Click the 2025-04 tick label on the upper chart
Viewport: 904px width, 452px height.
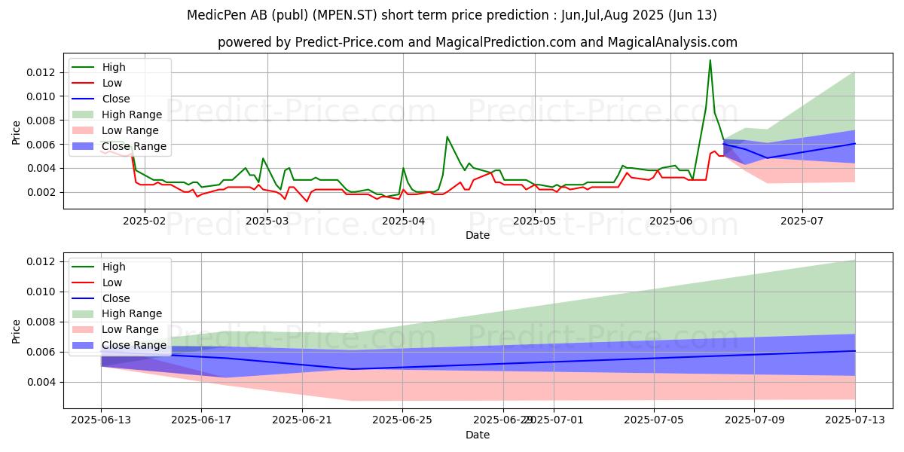402,221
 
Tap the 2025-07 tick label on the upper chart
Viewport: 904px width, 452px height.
802,221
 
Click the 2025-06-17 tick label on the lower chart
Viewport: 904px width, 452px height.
201,420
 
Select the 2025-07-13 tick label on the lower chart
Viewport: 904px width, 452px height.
855,420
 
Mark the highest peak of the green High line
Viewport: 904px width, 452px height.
710,60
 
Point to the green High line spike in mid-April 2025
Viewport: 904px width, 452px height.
447,137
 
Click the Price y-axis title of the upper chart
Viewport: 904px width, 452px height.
17,132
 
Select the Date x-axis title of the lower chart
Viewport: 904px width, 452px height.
478,435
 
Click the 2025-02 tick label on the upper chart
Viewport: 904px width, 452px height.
143,221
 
